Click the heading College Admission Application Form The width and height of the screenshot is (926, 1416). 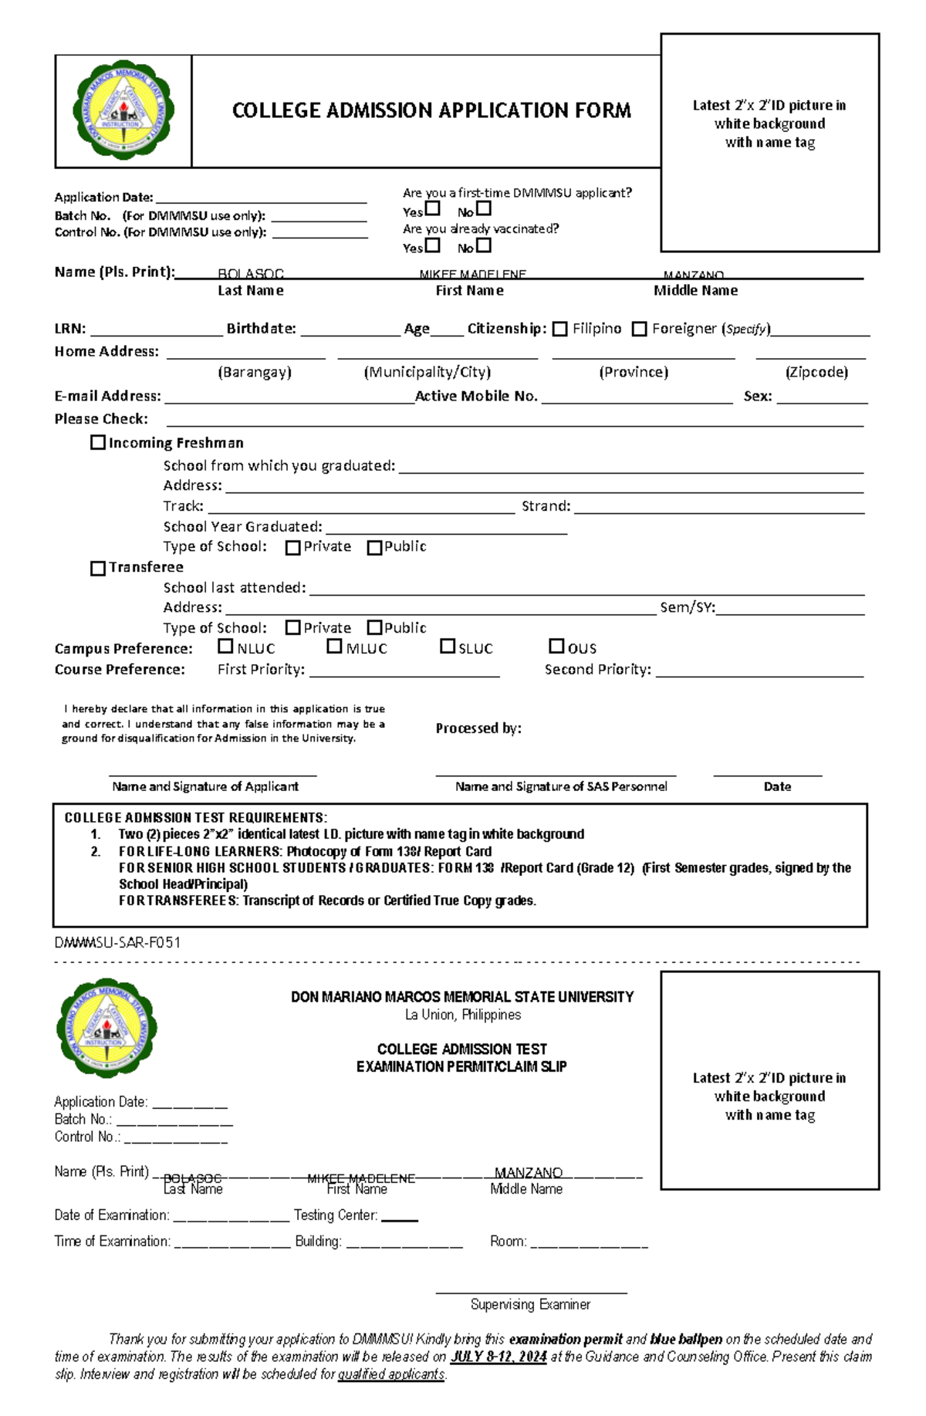coord(431,110)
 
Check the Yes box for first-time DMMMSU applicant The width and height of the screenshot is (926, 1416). coord(433,208)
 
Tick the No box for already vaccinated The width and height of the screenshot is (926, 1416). coord(484,245)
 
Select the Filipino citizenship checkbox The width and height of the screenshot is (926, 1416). coord(560,329)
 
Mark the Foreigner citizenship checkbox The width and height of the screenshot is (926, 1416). coord(639,329)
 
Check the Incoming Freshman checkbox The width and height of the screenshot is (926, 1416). coord(98,442)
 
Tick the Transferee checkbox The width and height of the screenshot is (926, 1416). coord(98,568)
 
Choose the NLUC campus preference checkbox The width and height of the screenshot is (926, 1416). coord(225,646)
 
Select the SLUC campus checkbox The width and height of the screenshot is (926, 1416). coord(448,646)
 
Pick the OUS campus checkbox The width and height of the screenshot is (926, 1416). coord(556,646)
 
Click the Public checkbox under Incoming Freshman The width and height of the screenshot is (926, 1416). coord(375,547)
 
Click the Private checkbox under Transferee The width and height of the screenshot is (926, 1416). coord(292,627)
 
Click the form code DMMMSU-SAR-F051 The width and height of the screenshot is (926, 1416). coord(117,942)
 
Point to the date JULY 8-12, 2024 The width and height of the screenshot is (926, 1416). coord(498,1356)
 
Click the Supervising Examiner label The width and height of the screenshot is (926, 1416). coord(530,1304)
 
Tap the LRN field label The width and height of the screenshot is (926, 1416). coord(69,329)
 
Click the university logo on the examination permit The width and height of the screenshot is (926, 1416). coord(106,1029)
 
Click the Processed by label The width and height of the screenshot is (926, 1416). coord(478,728)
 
